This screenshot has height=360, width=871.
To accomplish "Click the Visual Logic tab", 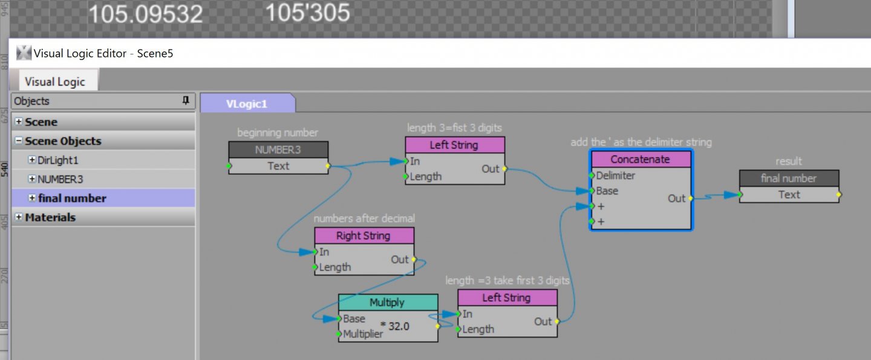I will [x=54, y=82].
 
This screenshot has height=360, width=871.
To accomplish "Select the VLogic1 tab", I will [x=247, y=103].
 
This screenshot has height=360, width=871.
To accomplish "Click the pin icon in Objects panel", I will [x=186, y=101].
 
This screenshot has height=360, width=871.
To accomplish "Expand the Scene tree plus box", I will [x=19, y=122].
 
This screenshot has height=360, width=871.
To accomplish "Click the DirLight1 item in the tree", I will [x=58, y=160].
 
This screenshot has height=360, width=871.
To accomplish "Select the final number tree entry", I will [x=72, y=198].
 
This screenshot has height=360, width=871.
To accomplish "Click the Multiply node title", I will [x=387, y=303].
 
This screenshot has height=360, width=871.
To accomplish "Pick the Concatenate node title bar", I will [x=641, y=160].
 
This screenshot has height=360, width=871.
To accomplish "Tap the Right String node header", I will [x=364, y=236].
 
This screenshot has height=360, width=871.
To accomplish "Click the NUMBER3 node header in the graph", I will [x=278, y=149].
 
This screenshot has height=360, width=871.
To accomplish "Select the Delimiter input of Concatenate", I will [x=616, y=175].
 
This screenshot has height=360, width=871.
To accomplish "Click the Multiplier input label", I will [x=363, y=334].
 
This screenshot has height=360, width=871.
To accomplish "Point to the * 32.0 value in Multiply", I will [x=395, y=326].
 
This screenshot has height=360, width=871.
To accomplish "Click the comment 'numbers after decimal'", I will [x=364, y=218].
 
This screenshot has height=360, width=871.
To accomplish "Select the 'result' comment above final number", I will [x=789, y=162].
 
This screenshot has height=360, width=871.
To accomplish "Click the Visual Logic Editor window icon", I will [x=24, y=53].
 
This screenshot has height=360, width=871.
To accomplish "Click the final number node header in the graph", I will [x=789, y=178].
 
